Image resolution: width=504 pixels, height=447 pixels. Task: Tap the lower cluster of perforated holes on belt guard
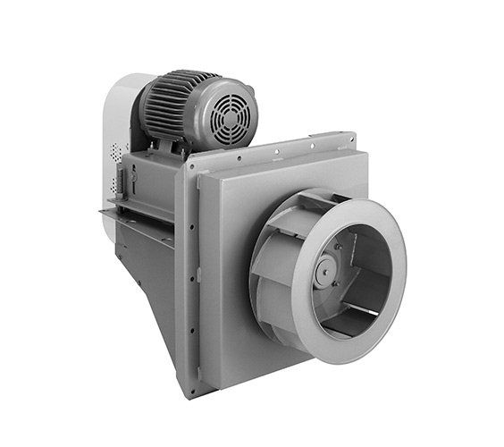click(x=114, y=185)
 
